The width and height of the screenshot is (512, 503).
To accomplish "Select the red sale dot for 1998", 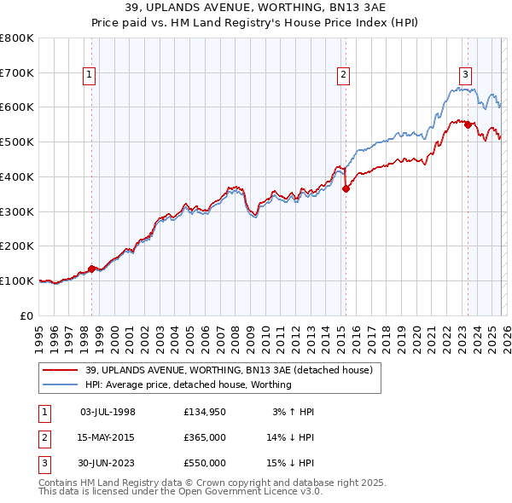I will click(x=91, y=269).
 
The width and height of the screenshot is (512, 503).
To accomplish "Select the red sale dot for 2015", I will click(x=346, y=189).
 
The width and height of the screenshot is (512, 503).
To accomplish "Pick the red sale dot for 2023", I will click(x=468, y=124).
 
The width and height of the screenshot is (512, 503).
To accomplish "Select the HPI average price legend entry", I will click(x=189, y=384).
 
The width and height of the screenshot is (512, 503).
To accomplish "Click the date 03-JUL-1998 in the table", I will click(x=108, y=412).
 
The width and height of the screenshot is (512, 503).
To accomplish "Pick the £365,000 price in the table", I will click(x=205, y=437).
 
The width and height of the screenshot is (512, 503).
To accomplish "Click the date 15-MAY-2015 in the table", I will click(x=108, y=437).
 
